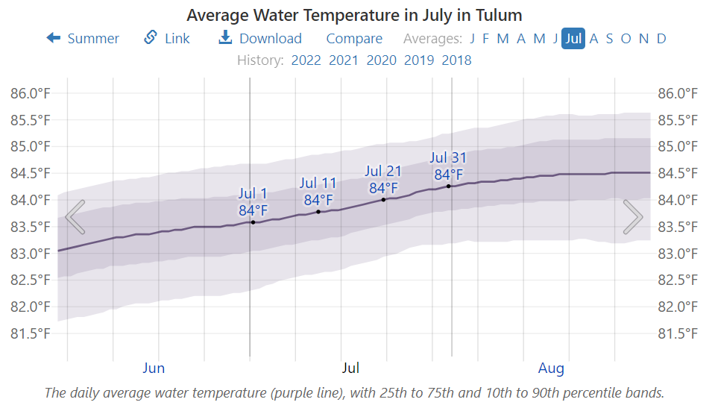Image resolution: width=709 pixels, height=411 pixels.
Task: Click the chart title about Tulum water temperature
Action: point(354,15)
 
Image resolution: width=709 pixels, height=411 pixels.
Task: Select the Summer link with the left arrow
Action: point(83,39)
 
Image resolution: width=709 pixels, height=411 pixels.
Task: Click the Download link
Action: point(260,39)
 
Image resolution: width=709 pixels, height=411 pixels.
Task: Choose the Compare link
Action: point(354,39)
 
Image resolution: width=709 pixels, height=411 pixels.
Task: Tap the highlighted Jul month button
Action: point(573,39)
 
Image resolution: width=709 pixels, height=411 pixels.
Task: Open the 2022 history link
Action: point(306,60)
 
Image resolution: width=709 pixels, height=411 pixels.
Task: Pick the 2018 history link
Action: point(456,60)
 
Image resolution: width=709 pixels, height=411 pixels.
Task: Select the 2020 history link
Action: point(381,60)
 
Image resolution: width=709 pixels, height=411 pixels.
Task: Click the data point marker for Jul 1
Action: point(253,222)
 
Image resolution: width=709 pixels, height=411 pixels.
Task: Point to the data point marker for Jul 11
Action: point(318,212)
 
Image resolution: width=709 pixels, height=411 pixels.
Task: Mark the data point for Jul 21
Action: point(383,199)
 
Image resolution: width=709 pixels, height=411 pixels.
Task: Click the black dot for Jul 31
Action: point(449,186)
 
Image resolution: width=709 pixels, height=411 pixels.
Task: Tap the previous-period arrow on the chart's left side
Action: point(75,217)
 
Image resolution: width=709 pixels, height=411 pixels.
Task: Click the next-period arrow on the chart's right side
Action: point(633,217)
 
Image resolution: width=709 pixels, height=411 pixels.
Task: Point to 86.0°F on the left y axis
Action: point(30,93)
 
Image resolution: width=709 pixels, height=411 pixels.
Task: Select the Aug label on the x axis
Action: point(551,368)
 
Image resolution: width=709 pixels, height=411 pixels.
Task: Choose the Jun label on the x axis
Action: point(154,368)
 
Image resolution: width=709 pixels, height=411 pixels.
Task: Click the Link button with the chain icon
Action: point(167,39)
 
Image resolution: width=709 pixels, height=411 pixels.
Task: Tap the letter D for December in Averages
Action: point(661,39)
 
